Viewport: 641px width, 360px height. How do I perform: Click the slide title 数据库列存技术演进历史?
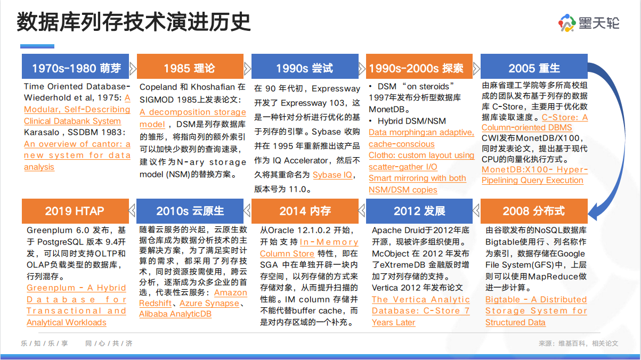(134, 22)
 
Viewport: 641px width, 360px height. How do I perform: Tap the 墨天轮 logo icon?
(567, 23)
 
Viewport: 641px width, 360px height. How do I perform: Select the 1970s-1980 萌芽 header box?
(75, 67)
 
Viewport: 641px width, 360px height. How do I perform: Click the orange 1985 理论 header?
(190, 67)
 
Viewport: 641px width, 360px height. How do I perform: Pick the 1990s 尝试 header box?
(305, 67)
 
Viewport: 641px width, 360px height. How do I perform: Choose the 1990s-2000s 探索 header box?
(419, 67)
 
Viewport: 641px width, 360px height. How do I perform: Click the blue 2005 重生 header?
(534, 67)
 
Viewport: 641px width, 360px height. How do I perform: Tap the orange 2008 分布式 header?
(534, 211)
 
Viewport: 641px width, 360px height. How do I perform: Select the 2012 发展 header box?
(419, 211)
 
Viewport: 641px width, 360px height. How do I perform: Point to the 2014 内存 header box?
(305, 211)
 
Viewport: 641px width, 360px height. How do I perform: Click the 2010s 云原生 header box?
(190, 211)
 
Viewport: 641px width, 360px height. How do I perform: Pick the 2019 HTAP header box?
(75, 211)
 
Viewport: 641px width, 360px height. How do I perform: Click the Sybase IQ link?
(332, 175)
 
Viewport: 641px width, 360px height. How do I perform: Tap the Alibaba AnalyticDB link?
(175, 314)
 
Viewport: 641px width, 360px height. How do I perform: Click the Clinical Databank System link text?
(72, 121)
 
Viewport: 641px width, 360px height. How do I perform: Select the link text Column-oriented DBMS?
(526, 127)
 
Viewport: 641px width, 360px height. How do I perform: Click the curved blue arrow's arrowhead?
(595, 212)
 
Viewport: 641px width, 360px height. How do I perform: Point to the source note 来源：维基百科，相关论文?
(578, 343)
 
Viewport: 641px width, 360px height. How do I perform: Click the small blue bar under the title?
(37, 46)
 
